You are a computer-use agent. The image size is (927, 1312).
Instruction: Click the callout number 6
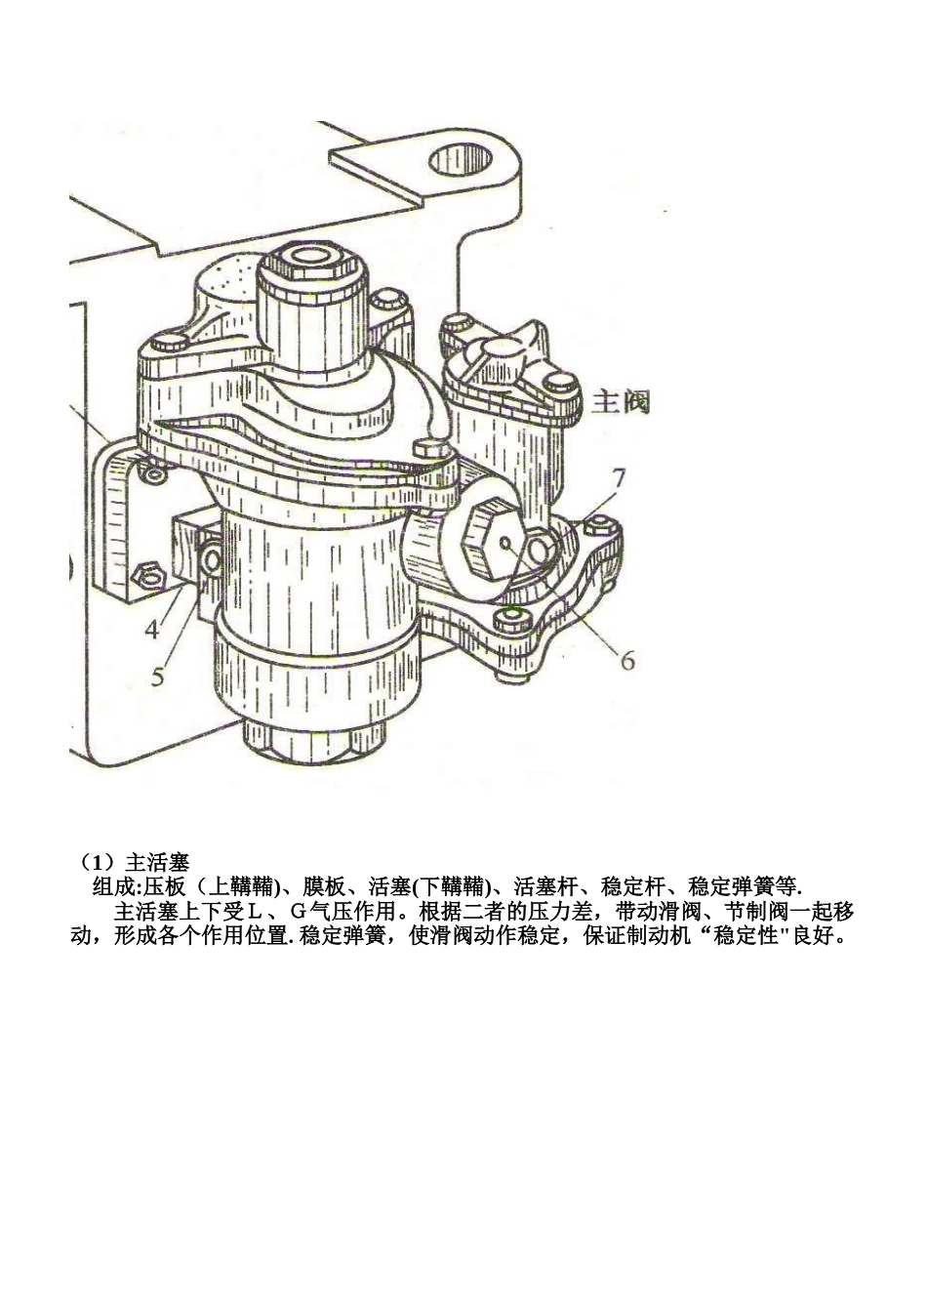coord(626,660)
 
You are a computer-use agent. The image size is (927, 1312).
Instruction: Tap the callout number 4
coord(152,629)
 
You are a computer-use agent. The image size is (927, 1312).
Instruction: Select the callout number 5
coord(158,675)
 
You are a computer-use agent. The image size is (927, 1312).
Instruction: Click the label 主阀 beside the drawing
coord(622,401)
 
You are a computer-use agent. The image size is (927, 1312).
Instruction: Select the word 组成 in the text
coord(113,887)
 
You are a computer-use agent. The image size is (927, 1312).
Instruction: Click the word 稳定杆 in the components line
coord(632,887)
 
